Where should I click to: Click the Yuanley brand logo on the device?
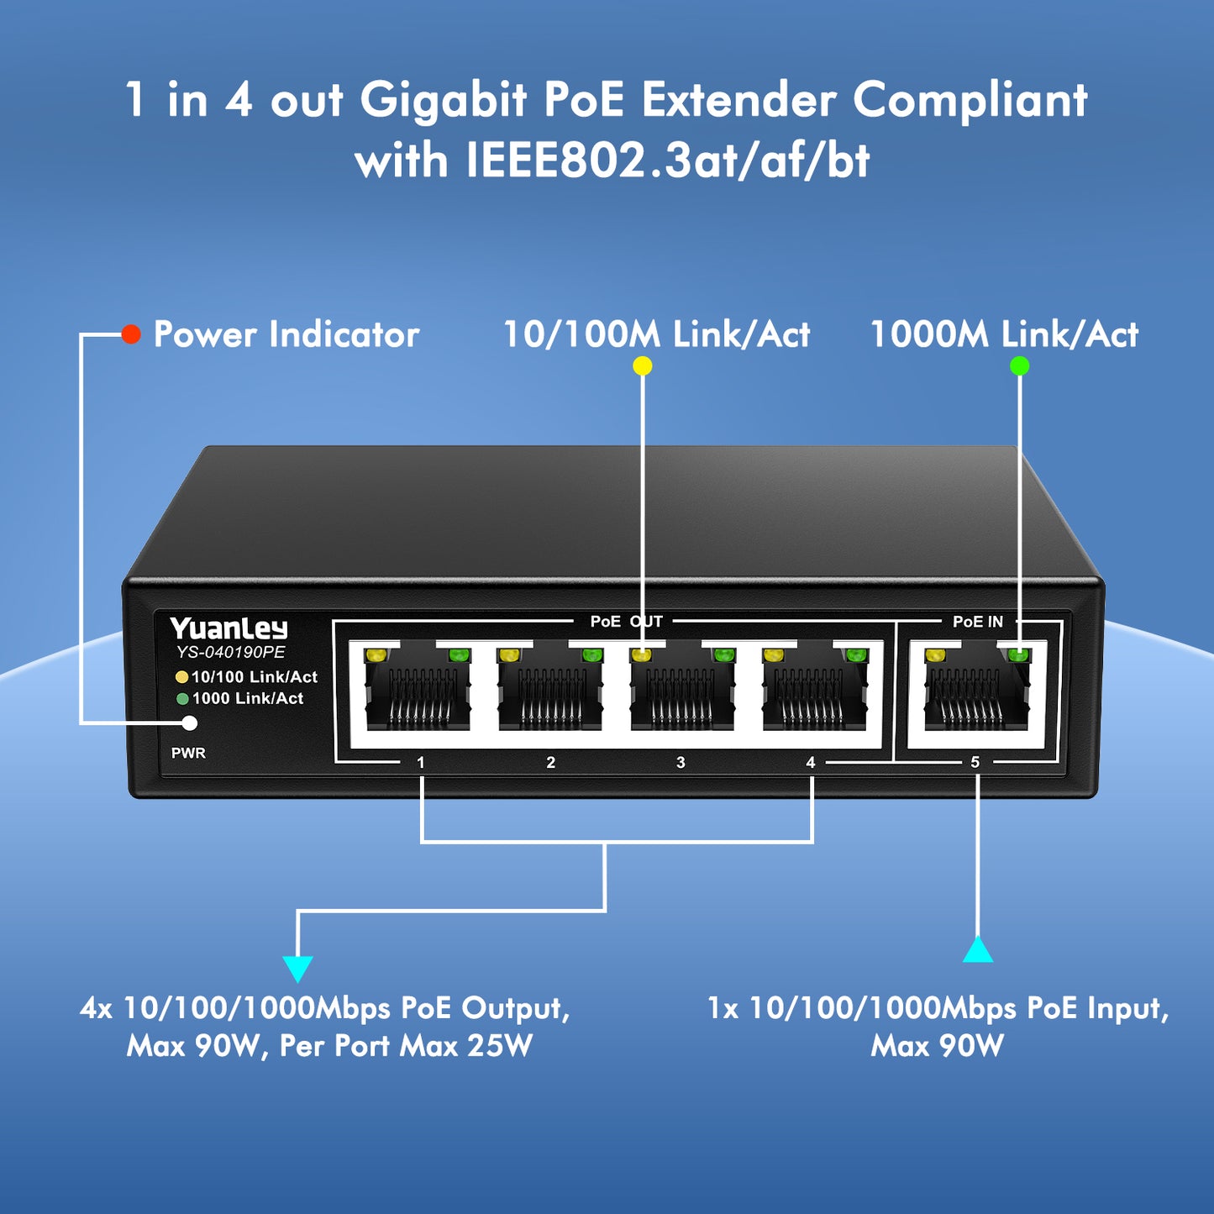pyautogui.click(x=228, y=628)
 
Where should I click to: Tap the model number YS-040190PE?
pyautogui.click(x=230, y=652)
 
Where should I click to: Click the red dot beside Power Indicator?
pyautogui.click(x=131, y=334)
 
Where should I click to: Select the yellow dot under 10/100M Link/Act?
pyautogui.click(x=642, y=366)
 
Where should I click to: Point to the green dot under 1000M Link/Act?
pyautogui.click(x=1019, y=366)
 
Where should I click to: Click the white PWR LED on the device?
pyautogui.click(x=190, y=723)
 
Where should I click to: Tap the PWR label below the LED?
pyautogui.click(x=188, y=753)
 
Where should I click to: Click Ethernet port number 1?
pyautogui.click(x=418, y=693)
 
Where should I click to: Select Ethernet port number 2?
pyautogui.click(x=550, y=693)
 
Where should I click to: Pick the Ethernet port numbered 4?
pyautogui.click(x=815, y=693)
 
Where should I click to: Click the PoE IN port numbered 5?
pyautogui.click(x=976, y=693)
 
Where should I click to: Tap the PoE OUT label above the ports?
pyautogui.click(x=626, y=622)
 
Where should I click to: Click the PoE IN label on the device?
pyautogui.click(x=978, y=622)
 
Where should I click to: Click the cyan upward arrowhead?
pyautogui.click(x=978, y=949)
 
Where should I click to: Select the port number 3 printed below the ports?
pyautogui.click(x=681, y=762)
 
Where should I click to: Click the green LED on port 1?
pyautogui.click(x=457, y=655)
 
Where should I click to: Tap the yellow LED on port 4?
pyautogui.click(x=772, y=655)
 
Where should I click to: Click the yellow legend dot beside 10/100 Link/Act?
pyautogui.click(x=181, y=677)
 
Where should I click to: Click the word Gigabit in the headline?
pyautogui.click(x=444, y=101)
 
